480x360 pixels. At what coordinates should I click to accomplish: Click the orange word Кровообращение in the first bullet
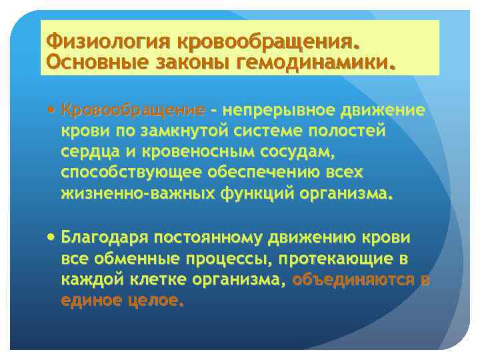[x=132, y=110]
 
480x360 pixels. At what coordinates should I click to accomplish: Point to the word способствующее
[x=127, y=173]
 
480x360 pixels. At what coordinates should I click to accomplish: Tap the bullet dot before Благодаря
[x=52, y=237]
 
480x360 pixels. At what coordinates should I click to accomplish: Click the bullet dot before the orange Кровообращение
[x=52, y=110]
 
